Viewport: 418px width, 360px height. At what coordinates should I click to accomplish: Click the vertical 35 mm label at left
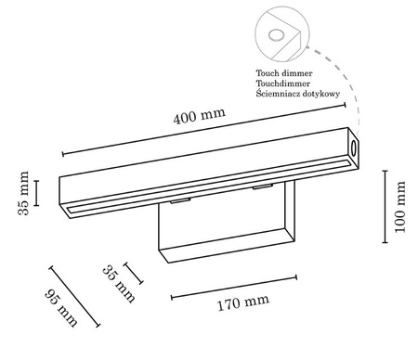click(23, 194)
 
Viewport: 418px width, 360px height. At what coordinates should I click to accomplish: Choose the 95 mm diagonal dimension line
click(75, 298)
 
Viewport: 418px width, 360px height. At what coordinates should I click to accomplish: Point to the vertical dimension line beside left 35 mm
click(37, 193)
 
